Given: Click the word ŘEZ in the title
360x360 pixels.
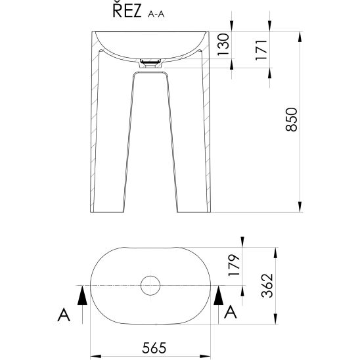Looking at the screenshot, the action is [127, 11].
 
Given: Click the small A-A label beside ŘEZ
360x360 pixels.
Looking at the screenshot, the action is [156, 14].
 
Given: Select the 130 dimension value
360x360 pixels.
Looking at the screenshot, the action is [223, 45].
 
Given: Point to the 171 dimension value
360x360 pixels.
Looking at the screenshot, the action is [261, 49].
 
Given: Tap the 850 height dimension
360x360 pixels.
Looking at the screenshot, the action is [291, 120].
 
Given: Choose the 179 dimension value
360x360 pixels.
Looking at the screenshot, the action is [234, 265].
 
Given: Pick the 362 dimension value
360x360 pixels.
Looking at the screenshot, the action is [267, 286].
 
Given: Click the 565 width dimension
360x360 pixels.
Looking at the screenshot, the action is [154, 348].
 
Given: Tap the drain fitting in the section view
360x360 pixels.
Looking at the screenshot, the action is [150, 63].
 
